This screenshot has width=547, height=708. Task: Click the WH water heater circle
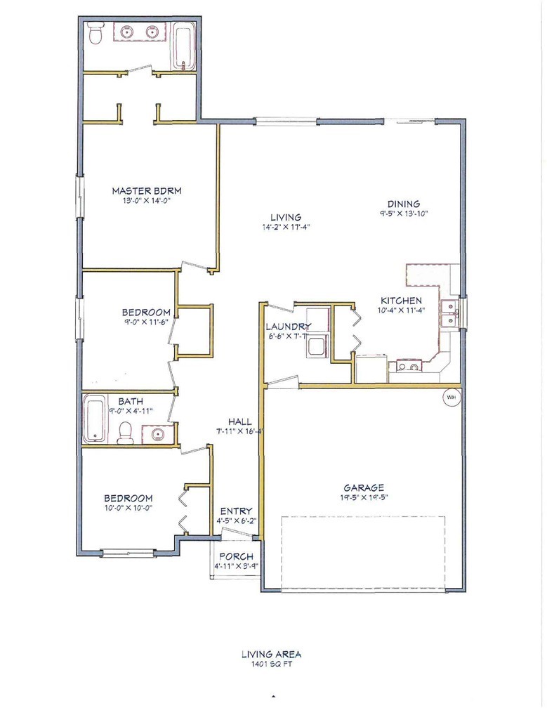point(451,398)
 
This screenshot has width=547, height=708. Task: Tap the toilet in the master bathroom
point(95,33)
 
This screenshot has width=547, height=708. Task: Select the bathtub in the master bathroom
point(184,48)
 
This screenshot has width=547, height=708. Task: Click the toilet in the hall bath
point(124,433)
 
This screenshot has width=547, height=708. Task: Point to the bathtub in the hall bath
point(95,419)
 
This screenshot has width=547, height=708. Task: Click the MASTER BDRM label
point(147,190)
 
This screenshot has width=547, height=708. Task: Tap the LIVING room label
point(286,217)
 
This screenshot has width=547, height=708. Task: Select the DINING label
point(404,204)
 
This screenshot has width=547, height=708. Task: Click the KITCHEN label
point(401,301)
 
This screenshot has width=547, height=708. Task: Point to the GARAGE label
point(364,487)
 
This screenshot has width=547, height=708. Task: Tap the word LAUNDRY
point(289,326)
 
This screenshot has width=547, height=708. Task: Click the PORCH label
point(236,556)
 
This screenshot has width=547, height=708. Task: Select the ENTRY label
point(236,511)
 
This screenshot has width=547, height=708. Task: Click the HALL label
point(239,421)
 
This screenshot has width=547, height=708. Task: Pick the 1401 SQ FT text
point(271,664)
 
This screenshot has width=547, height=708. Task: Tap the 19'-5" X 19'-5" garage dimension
point(364,497)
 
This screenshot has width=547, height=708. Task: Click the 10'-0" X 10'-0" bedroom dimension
point(128,508)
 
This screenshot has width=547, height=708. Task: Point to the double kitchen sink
point(449,313)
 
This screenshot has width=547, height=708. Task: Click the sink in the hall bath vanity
point(157,434)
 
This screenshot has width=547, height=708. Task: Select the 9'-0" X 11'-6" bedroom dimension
point(146,322)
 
